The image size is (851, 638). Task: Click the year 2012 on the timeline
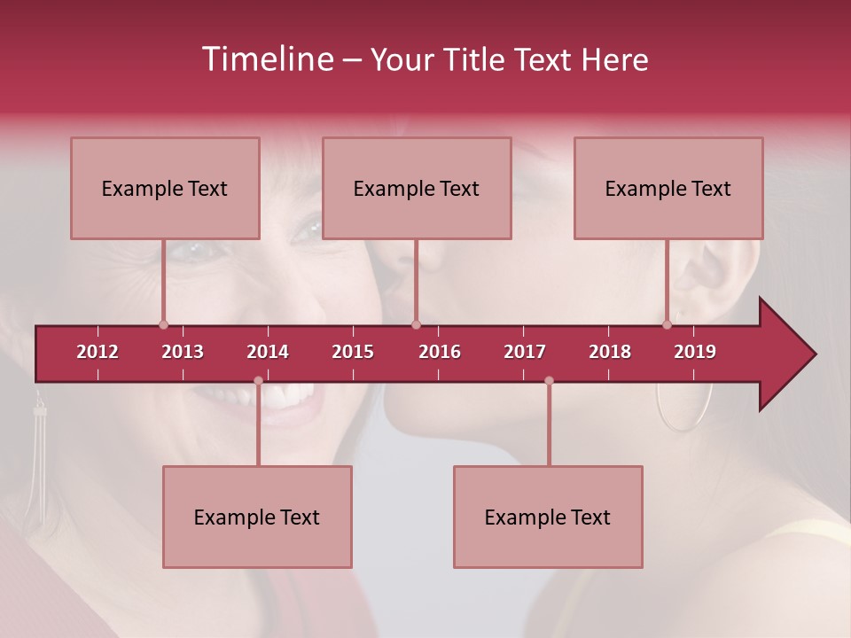click(x=98, y=352)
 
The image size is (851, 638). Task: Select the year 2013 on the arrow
click(x=183, y=352)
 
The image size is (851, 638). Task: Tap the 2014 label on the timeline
click(x=268, y=352)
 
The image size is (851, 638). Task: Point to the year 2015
click(x=353, y=352)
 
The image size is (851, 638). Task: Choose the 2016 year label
click(x=440, y=352)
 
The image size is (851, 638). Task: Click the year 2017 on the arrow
click(x=525, y=352)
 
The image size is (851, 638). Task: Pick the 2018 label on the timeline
click(x=610, y=352)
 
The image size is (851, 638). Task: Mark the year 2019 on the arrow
click(x=695, y=352)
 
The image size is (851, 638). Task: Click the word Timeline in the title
click(x=266, y=59)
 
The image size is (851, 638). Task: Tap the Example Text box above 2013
click(x=165, y=188)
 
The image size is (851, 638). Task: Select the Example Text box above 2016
click(x=417, y=188)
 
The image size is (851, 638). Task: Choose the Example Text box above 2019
click(x=668, y=188)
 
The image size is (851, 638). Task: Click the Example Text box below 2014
click(x=257, y=517)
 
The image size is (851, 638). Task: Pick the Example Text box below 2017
click(x=548, y=517)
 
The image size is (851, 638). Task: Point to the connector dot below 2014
click(x=258, y=381)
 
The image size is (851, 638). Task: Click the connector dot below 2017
click(x=549, y=381)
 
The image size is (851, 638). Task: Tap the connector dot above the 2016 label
click(x=416, y=324)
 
